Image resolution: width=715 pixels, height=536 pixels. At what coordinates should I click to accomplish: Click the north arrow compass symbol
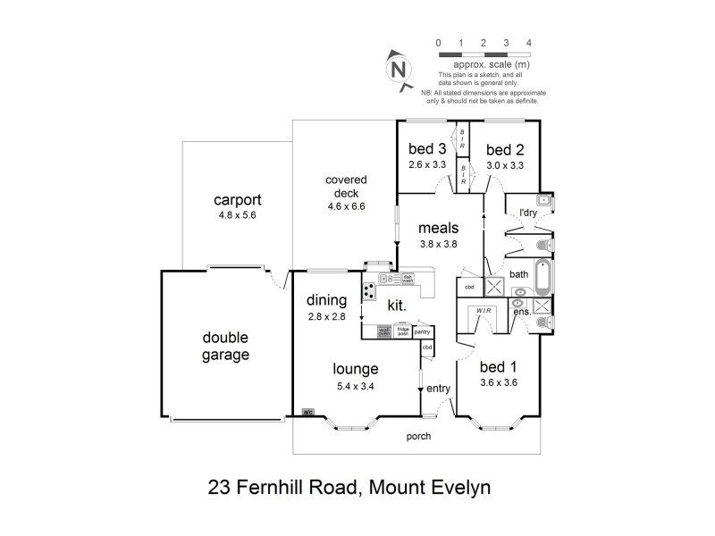coord(399,66)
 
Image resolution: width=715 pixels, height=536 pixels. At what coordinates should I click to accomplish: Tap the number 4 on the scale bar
coord(529,43)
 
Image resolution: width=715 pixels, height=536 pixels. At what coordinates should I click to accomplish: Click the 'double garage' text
coord(224,347)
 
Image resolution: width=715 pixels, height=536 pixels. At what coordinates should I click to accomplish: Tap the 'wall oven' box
coord(384,331)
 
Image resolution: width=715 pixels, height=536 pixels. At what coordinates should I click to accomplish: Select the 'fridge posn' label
coord(403,331)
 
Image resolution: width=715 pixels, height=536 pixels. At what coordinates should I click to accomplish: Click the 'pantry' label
coord(423,331)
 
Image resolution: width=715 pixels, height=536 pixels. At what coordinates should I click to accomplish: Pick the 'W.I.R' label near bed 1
coord(484,311)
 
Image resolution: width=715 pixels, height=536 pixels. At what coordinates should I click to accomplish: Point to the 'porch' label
coord(418,437)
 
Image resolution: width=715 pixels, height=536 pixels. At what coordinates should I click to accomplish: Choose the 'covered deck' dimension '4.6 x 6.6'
coord(347,205)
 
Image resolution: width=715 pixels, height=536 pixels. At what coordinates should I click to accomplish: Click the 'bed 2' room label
coord(505,149)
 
